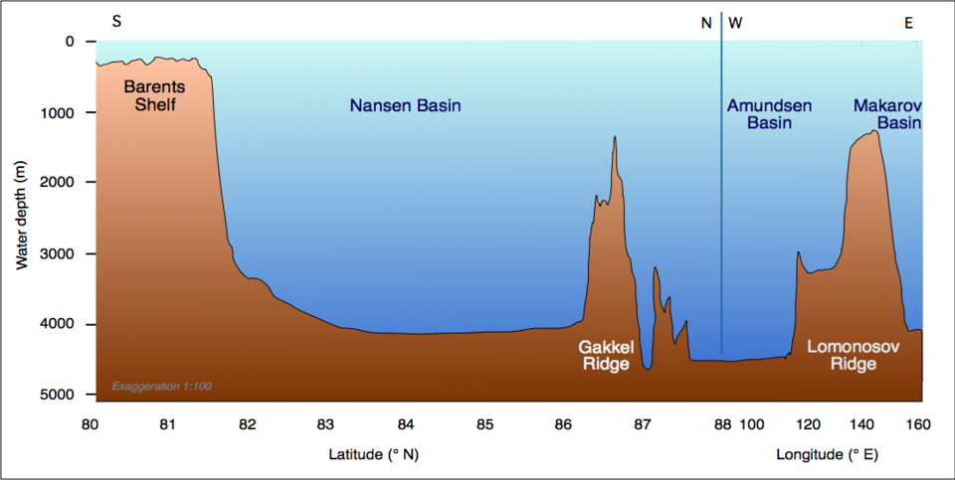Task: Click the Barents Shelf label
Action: [x=154, y=95]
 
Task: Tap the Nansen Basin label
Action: [x=405, y=105]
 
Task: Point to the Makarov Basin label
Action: [x=886, y=114]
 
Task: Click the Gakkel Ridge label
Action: [x=604, y=356]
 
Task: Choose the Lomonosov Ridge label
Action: [x=842, y=356]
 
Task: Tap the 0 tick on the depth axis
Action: [x=69, y=42]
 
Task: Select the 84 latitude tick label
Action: [x=405, y=425]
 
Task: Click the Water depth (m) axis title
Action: [x=22, y=218]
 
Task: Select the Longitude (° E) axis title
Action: [x=826, y=455]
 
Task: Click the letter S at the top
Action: [x=116, y=21]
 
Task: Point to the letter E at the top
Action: [x=908, y=22]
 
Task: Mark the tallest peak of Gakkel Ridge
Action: [x=615, y=138]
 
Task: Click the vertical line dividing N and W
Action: [x=721, y=199]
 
